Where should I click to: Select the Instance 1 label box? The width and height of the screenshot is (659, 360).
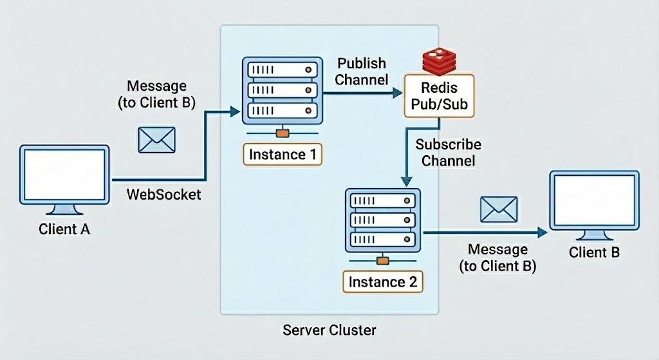point(282,154)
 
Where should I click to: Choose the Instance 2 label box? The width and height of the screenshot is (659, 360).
point(382,281)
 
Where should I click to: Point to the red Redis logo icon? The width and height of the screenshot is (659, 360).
point(439,62)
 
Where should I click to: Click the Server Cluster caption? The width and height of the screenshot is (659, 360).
point(329,330)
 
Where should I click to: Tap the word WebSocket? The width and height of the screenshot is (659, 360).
point(163,193)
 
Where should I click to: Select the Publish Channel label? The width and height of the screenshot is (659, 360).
point(362,71)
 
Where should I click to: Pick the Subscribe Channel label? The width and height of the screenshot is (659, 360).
point(448,152)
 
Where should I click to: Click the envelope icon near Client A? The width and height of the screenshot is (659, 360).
point(157,139)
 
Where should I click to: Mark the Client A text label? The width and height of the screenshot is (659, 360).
point(64,229)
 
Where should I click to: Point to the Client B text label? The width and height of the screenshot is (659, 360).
point(594,252)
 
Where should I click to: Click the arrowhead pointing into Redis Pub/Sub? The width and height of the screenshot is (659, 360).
point(397,93)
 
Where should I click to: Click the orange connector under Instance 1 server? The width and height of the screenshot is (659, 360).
point(281,133)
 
